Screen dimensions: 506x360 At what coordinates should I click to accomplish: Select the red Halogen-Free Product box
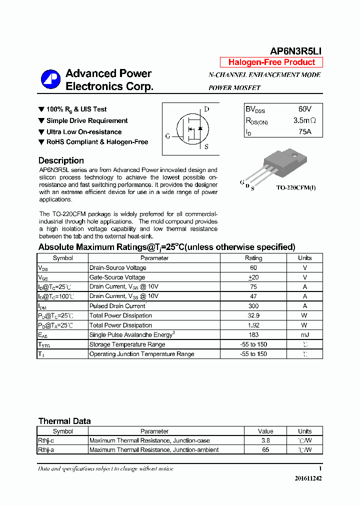click(x=271, y=62)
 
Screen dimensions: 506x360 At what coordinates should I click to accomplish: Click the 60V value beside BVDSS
click(x=304, y=109)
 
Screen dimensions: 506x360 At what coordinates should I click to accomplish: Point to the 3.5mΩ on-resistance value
click(x=304, y=120)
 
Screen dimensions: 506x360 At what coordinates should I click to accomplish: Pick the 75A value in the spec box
click(x=304, y=132)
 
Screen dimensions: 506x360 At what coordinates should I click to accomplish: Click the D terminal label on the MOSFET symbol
click(x=206, y=109)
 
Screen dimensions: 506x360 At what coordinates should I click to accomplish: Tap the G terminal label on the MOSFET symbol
click(x=167, y=136)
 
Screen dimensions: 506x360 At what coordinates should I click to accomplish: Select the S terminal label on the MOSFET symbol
click(x=206, y=146)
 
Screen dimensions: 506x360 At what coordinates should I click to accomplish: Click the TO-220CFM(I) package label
click(x=295, y=188)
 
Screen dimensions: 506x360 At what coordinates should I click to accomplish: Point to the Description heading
click(x=61, y=160)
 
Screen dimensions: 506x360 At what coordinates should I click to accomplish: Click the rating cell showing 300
click(x=253, y=306)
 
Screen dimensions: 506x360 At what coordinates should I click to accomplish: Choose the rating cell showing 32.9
click(x=253, y=315)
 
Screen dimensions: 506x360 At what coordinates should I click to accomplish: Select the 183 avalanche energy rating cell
click(x=253, y=335)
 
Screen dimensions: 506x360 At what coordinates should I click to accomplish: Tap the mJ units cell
click(x=304, y=335)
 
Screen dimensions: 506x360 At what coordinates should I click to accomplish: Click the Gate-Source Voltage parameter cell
click(x=117, y=277)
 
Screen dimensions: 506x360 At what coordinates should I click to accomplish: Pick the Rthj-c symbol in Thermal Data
click(x=46, y=440)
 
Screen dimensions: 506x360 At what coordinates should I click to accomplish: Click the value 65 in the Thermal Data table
click(x=265, y=450)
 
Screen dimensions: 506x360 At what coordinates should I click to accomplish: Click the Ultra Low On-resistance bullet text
click(x=84, y=132)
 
